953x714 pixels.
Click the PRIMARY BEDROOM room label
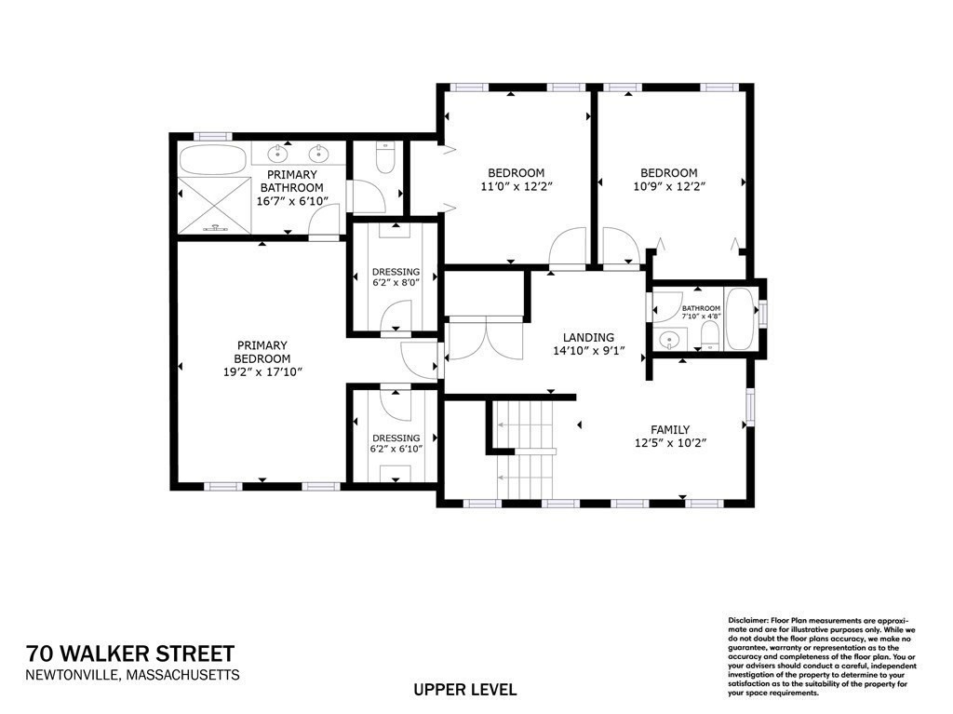point(262,352)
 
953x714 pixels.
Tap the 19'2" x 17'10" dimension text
point(262,371)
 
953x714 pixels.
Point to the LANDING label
point(588,338)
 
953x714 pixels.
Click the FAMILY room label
point(670,429)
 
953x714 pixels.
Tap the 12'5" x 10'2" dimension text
point(670,443)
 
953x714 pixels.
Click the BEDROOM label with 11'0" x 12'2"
point(516,173)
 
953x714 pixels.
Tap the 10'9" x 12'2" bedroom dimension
point(668,186)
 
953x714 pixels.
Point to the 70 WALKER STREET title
point(130,653)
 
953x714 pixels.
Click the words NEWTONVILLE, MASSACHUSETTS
point(133,675)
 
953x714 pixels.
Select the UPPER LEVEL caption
point(465,690)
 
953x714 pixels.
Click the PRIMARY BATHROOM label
point(292,181)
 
